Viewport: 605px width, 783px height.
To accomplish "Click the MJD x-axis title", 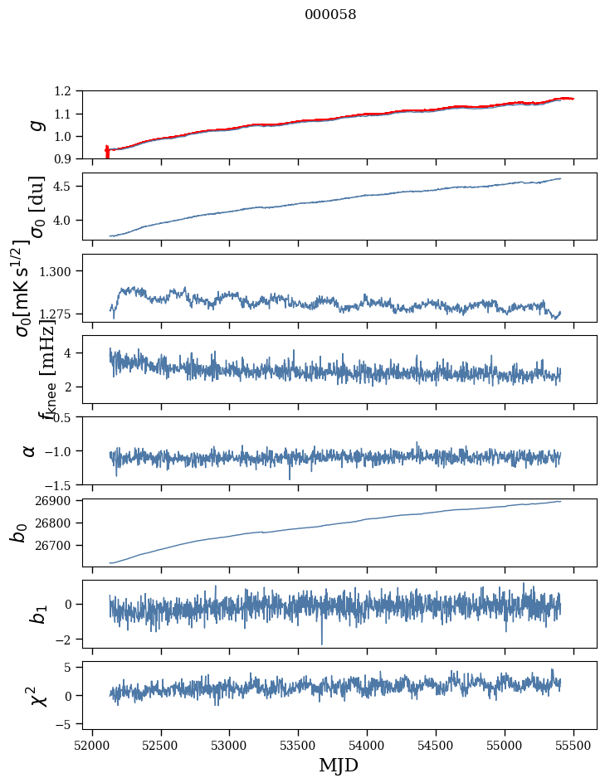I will pos(339,765).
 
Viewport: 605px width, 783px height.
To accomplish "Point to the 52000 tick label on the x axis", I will pos(92,744).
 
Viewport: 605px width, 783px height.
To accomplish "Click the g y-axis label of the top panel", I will pos(36,124).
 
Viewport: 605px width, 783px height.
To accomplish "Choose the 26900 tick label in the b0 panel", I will pos(51,501).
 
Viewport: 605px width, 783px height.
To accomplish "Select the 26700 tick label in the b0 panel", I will pos(51,546).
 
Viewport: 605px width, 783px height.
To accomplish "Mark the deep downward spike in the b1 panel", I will pos(322,642).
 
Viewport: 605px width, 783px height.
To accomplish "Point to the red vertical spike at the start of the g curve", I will pos(107,152).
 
